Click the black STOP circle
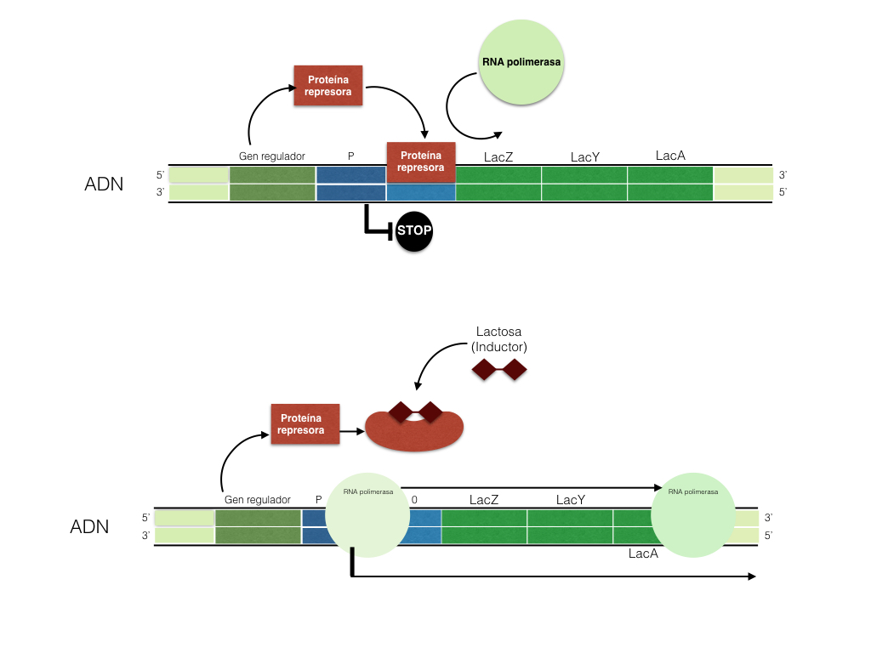(413, 230)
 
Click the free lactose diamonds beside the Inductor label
(499, 369)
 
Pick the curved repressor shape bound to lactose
(414, 429)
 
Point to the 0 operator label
(414, 500)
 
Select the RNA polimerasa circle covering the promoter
(369, 515)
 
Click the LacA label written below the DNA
(643, 554)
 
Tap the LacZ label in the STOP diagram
(498, 156)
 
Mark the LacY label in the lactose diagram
(571, 500)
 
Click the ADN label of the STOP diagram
(104, 184)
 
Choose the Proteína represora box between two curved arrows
(327, 86)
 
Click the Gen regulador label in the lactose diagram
(257, 500)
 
